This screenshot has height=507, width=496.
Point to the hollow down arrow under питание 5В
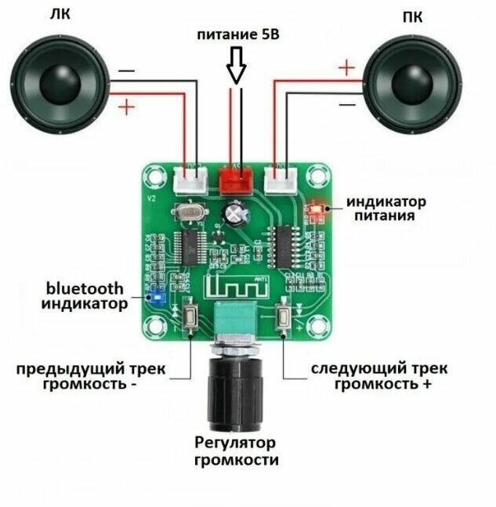point(237,68)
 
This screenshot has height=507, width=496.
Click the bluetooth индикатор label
point(85,295)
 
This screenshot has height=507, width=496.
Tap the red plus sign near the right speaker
point(346,67)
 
